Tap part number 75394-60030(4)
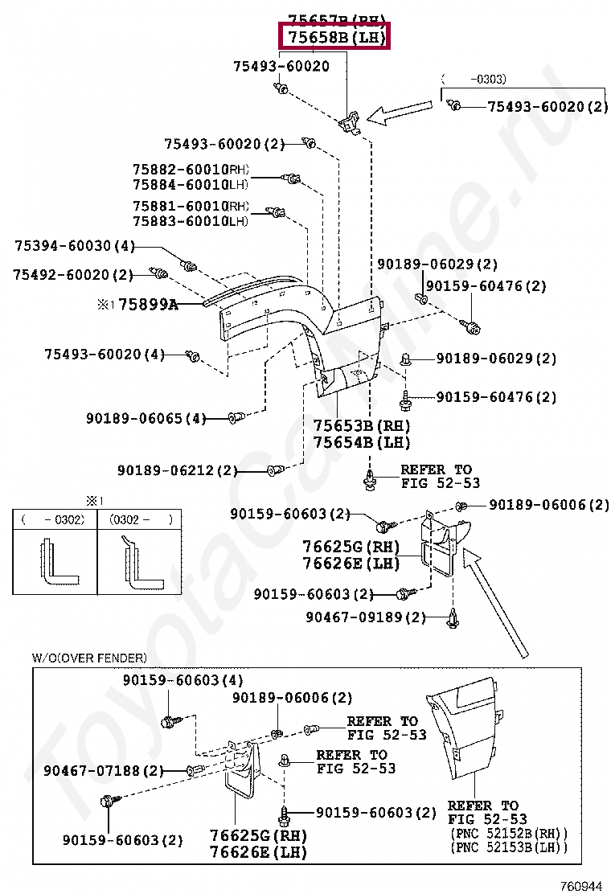[x=75, y=246]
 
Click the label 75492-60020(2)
[x=72, y=275]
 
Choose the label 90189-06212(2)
[x=178, y=470]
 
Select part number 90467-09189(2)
[x=366, y=617]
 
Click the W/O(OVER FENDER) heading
[x=89, y=658]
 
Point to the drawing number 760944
[x=580, y=886]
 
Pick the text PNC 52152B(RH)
[x=508, y=833]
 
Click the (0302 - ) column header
[x=141, y=520]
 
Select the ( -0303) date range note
[x=474, y=79]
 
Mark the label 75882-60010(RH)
[x=191, y=170]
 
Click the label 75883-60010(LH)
[x=191, y=221]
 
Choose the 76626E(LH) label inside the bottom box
[x=247, y=851]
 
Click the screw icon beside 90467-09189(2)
[x=454, y=617]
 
